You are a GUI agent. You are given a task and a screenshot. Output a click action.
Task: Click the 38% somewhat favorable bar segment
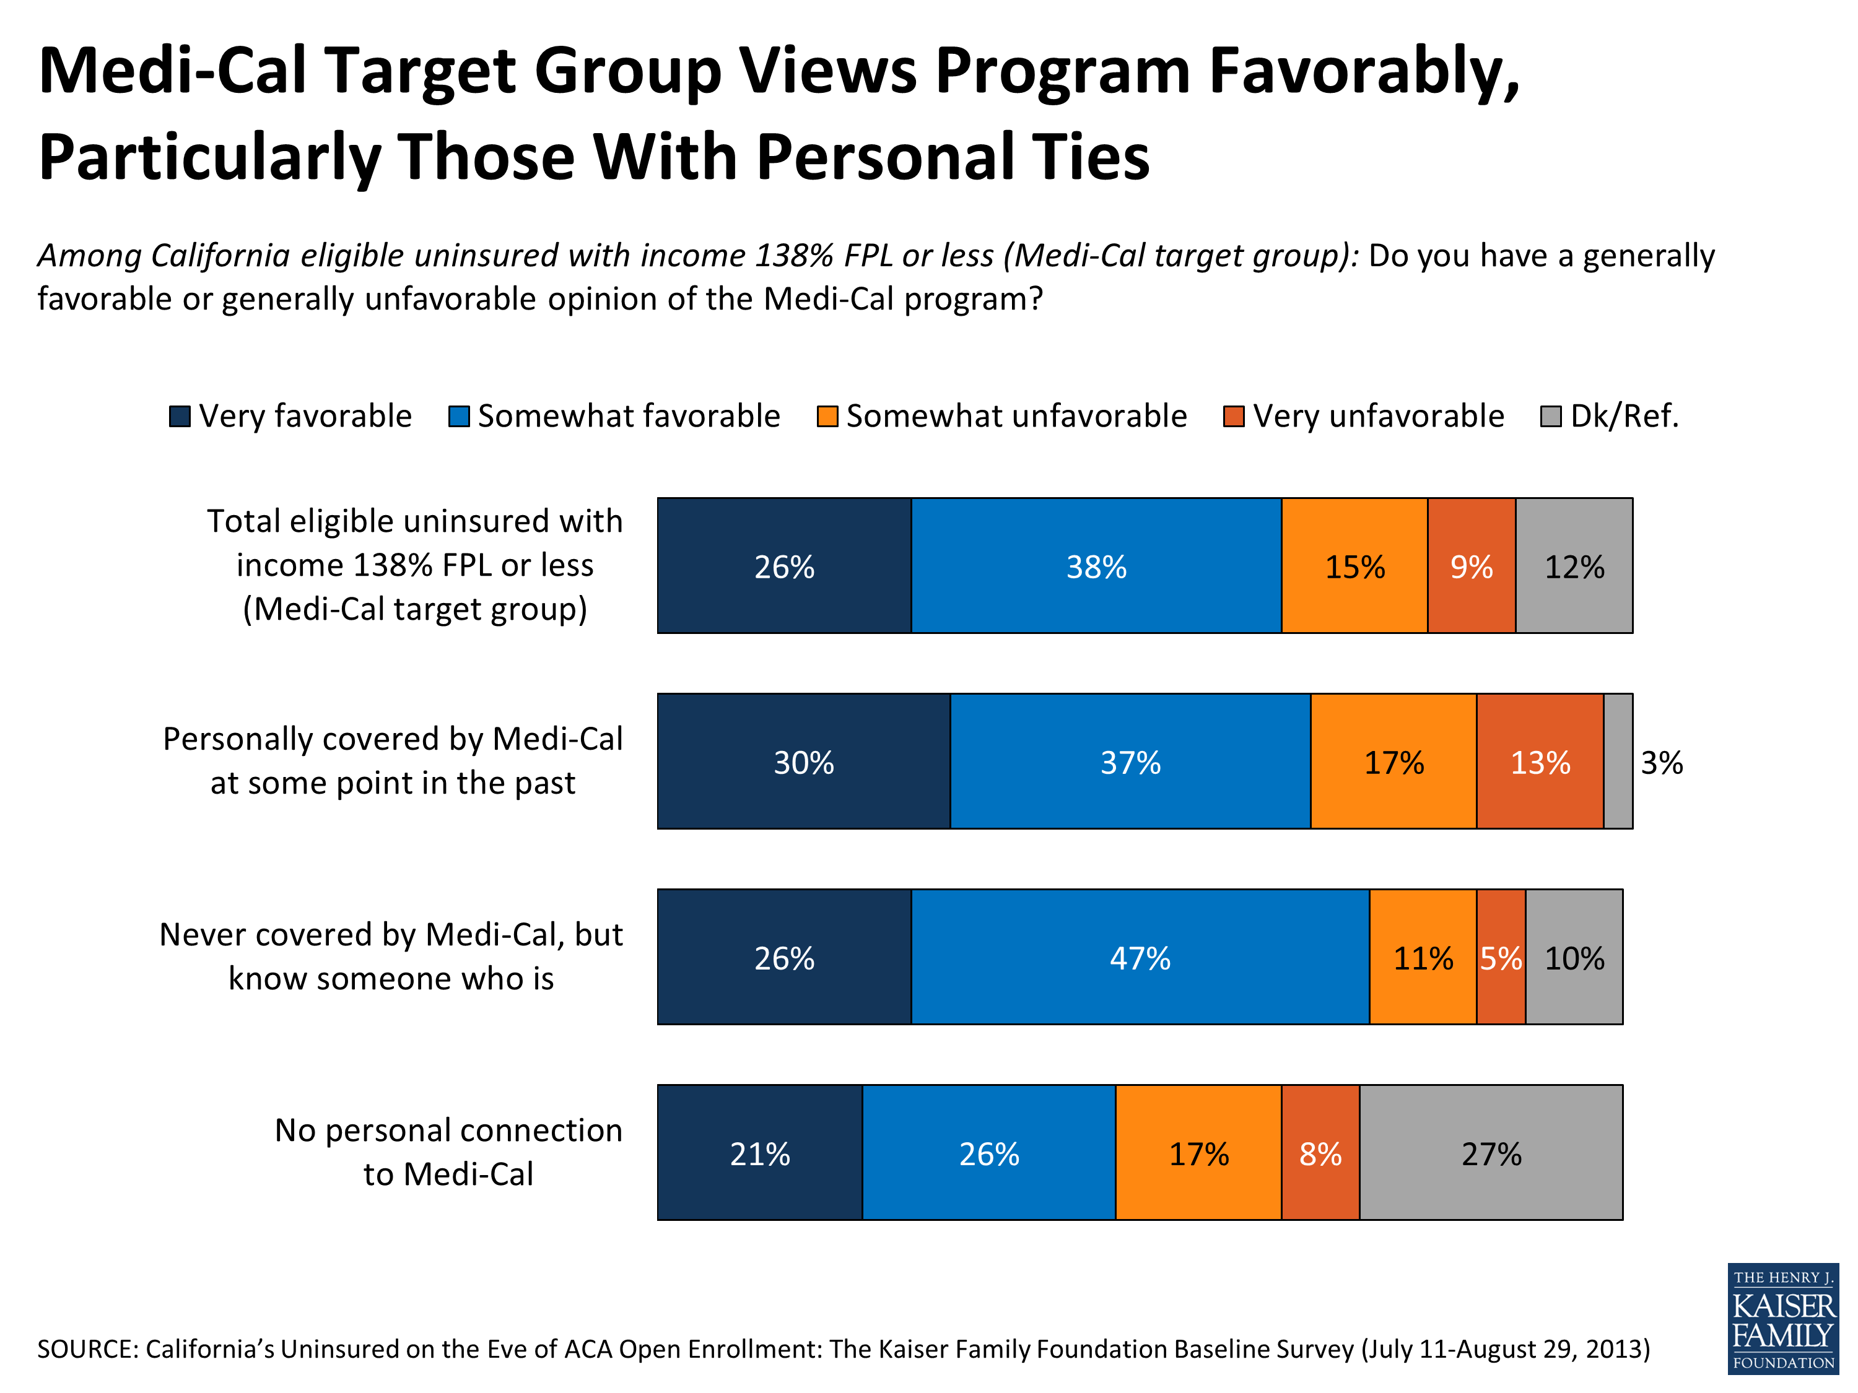pyautogui.click(x=1096, y=565)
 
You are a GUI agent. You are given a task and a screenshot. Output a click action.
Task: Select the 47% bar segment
pyautogui.click(x=1139, y=957)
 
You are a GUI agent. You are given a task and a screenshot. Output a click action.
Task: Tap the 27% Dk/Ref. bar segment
pyautogui.click(x=1490, y=1152)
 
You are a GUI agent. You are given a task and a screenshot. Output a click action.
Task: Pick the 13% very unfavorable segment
pyautogui.click(x=1539, y=761)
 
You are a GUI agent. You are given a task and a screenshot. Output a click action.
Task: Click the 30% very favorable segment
pyautogui.click(x=803, y=761)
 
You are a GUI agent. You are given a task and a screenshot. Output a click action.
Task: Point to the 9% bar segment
pyautogui.click(x=1471, y=565)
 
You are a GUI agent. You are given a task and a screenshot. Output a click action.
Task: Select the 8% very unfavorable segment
pyautogui.click(x=1320, y=1152)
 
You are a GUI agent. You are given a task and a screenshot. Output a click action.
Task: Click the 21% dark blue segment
pyautogui.click(x=759, y=1152)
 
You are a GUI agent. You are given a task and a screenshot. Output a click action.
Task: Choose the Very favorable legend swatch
pyautogui.click(x=180, y=417)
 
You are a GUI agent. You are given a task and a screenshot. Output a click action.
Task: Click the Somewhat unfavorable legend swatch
pyautogui.click(x=827, y=417)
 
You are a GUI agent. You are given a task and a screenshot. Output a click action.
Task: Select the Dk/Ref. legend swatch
pyautogui.click(x=1551, y=417)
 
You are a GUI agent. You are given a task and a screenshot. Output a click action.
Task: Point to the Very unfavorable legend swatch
pyautogui.click(x=1233, y=417)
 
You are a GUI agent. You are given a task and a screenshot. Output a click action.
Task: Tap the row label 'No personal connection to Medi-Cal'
pyautogui.click(x=448, y=1152)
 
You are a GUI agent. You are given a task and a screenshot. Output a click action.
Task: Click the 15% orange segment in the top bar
pyautogui.click(x=1354, y=565)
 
